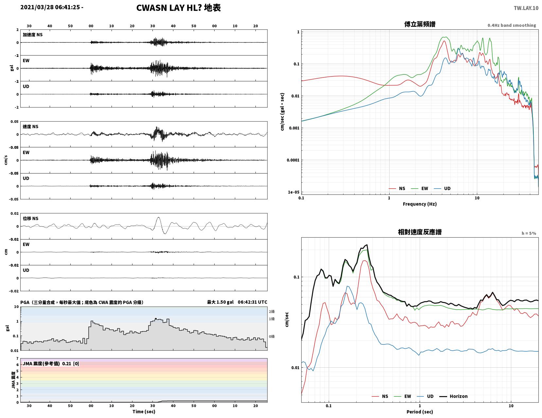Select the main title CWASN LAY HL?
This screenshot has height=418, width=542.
(x=169, y=8)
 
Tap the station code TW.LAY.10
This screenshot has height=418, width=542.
(x=526, y=8)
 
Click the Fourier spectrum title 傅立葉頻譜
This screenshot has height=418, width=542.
(x=420, y=24)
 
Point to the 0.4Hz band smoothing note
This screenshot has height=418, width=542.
(x=512, y=25)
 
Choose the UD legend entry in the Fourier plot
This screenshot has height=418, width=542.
(x=442, y=189)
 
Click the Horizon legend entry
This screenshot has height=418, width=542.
(x=453, y=396)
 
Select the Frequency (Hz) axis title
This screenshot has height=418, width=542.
(x=420, y=204)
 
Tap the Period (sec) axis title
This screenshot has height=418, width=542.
(x=420, y=412)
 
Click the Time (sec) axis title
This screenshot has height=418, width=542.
(x=144, y=411)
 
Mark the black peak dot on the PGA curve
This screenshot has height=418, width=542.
(x=156, y=319)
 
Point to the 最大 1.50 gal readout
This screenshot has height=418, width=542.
(x=220, y=302)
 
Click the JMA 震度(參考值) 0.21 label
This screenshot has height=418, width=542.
(x=51, y=364)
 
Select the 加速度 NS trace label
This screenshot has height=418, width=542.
(x=33, y=35)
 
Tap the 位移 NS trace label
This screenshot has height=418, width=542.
(x=30, y=218)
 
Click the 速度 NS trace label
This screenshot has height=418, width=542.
(x=30, y=126)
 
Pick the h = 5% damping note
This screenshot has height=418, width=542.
(x=529, y=233)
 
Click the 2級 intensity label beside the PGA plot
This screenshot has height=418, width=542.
(x=271, y=312)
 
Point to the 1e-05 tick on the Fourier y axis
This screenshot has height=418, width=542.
(x=294, y=192)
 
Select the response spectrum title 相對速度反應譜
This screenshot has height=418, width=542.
(x=420, y=232)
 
